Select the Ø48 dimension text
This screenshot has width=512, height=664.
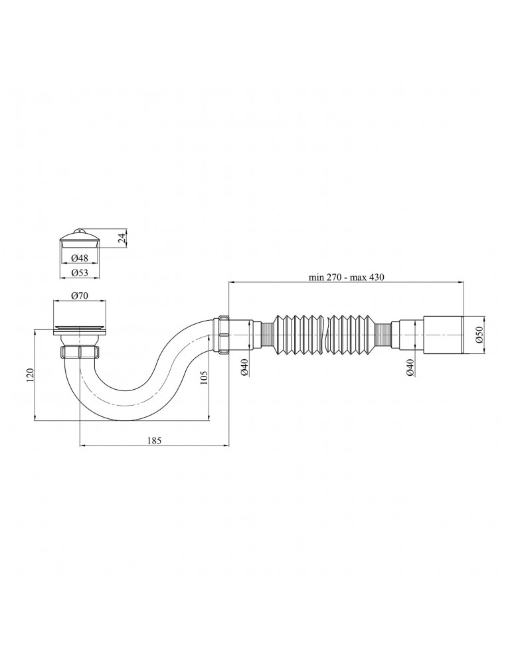[x=80, y=258]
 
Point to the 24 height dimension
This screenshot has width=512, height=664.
[x=122, y=237]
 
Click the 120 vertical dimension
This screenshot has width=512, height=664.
[x=28, y=375]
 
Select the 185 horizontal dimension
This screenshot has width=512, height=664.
[x=154, y=440]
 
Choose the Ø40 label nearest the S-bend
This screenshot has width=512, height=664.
[x=244, y=367]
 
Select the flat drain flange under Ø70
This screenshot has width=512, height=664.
[x=80, y=327]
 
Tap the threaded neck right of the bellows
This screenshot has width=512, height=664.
[x=383, y=333]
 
